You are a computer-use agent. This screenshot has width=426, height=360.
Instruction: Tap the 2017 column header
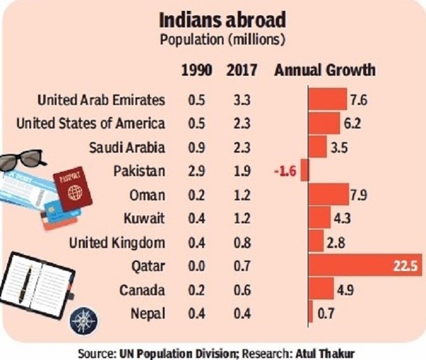pyautogui.click(x=241, y=70)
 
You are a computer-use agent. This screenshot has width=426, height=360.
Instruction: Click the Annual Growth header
pyautogui.click(x=324, y=70)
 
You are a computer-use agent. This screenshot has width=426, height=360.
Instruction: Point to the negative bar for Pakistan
pyautogui.click(x=305, y=171)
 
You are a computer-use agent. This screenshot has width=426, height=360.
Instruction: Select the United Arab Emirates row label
pyautogui.click(x=101, y=100)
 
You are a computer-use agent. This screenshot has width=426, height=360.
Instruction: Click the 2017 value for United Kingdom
pyautogui.click(x=241, y=242)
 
